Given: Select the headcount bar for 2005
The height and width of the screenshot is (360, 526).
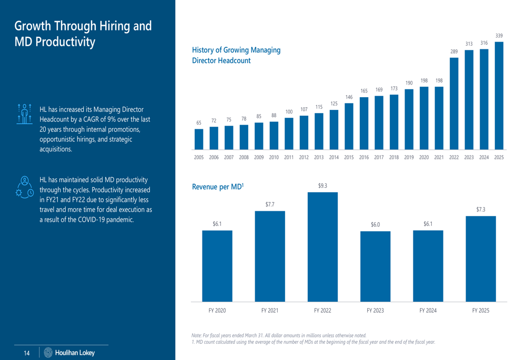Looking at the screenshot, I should click(199, 139).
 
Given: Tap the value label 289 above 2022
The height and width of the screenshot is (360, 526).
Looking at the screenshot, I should click(454, 52).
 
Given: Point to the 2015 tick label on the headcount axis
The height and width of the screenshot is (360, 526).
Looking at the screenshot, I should click(349, 157).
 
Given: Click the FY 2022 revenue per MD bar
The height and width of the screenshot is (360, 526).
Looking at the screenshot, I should click(322, 247).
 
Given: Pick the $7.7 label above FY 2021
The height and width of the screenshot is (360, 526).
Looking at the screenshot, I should click(269, 203).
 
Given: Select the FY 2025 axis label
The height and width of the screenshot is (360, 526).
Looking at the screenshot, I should click(480, 311).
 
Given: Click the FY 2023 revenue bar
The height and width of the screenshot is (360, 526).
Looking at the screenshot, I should click(375, 266).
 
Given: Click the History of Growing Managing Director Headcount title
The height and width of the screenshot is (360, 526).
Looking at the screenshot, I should click(236, 55).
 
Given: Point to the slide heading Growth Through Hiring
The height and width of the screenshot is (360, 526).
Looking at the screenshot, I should click(83, 33).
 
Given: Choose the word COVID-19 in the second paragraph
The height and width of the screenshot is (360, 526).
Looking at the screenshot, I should click(99, 219).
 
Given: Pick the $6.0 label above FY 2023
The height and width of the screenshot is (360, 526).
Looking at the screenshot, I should click(375, 224).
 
